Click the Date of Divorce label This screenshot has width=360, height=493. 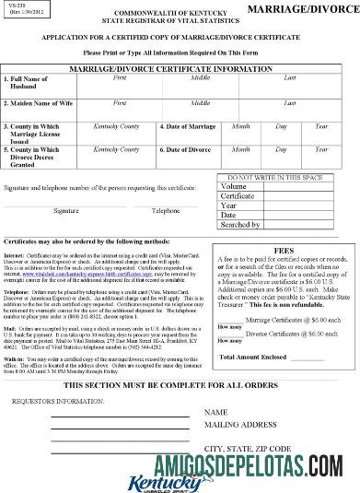click(x=191, y=148)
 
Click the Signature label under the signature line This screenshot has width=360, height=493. click(x=65, y=210)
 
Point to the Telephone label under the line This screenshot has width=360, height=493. click(x=166, y=210)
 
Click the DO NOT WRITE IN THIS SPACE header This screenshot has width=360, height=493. click(x=282, y=175)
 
